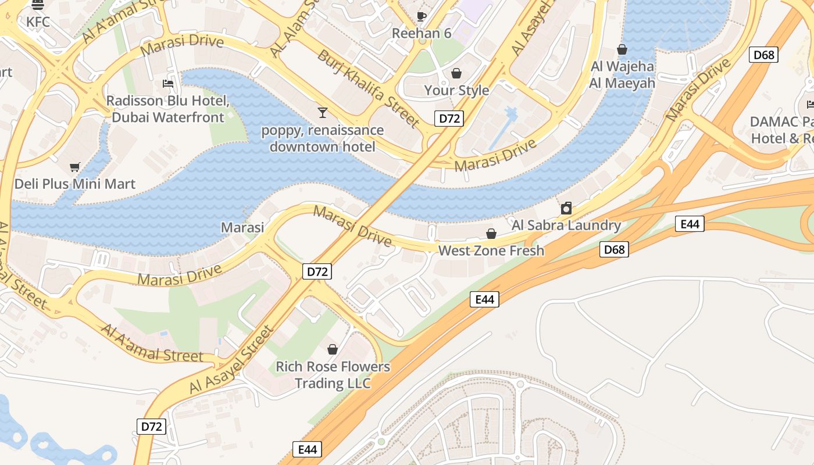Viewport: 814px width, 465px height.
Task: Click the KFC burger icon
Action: (x=38, y=5)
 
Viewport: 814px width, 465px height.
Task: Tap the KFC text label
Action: (x=38, y=22)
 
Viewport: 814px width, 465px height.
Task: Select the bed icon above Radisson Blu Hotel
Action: (x=168, y=84)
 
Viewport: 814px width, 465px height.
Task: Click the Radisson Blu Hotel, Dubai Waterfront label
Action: (x=168, y=109)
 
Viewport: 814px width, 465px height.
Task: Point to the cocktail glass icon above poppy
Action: (x=323, y=112)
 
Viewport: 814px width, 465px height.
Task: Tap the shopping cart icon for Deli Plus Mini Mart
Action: (x=74, y=167)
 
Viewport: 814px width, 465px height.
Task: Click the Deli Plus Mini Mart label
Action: (x=75, y=184)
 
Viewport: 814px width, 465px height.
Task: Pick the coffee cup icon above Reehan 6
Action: (x=422, y=16)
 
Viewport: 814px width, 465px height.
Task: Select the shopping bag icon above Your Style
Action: (x=456, y=73)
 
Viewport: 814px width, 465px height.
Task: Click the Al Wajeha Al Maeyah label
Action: (x=622, y=75)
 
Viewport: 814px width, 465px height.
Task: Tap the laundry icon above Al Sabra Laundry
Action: (x=566, y=208)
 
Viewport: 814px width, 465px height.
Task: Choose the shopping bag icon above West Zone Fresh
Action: (x=491, y=234)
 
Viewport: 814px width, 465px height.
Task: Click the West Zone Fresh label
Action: (x=491, y=251)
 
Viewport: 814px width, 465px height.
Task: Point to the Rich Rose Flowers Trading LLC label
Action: (x=333, y=375)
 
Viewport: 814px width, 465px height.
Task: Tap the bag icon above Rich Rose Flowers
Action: (x=333, y=349)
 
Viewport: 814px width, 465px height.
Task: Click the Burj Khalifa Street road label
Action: (x=367, y=88)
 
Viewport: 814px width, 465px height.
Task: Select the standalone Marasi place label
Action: (x=242, y=227)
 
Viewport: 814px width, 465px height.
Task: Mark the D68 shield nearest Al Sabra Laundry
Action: (x=614, y=250)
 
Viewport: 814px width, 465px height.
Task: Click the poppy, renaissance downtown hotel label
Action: (x=323, y=138)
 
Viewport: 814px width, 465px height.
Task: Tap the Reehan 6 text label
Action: (x=422, y=33)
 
